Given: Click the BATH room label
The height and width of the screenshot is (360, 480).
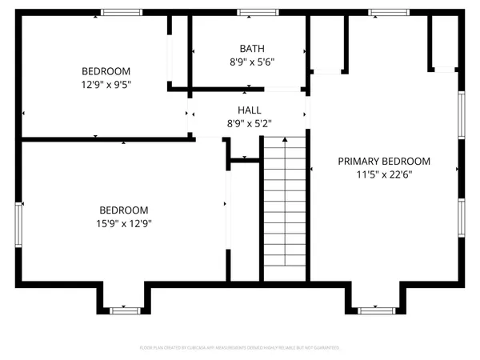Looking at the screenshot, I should (249, 48).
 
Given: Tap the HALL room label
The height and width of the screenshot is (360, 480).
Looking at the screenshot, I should (249, 110).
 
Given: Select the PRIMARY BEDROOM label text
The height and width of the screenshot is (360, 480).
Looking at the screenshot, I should (384, 160).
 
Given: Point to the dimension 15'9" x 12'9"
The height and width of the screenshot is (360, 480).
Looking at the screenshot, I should (124, 224).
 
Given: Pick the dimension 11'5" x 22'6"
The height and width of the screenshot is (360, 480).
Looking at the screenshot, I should (384, 174).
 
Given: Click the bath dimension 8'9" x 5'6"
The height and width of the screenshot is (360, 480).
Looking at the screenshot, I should (249, 61).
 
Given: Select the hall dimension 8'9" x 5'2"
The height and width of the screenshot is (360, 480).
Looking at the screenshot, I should (249, 123).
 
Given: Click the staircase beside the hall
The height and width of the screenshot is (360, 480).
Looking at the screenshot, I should (286, 208).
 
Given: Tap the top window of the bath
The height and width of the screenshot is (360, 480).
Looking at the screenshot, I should (258, 13).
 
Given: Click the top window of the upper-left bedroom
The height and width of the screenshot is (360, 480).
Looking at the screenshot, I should (121, 13).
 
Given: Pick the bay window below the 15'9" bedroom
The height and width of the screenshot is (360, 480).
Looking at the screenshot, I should (124, 310).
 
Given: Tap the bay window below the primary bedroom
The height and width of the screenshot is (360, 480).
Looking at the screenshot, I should (373, 310).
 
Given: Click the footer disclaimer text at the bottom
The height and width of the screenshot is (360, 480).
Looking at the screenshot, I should (240, 348).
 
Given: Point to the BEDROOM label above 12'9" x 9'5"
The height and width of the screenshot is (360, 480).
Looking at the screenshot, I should (106, 70).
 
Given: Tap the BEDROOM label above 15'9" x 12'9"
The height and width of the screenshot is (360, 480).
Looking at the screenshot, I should (124, 210).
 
